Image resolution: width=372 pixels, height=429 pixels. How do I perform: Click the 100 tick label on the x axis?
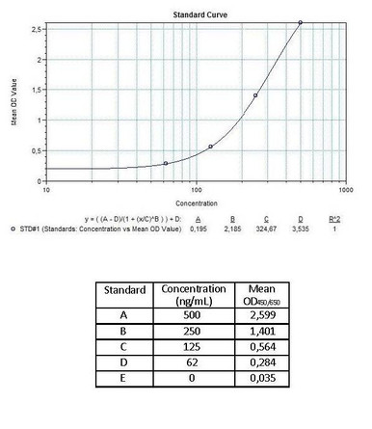click(x=197, y=189)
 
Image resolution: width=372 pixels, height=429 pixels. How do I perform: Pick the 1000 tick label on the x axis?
click(x=344, y=189)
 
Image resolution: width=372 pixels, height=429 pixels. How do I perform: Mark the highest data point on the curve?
click(x=301, y=22)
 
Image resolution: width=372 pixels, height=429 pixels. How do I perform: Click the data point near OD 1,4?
click(x=255, y=95)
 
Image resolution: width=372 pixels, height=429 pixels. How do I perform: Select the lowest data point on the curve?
click(x=166, y=164)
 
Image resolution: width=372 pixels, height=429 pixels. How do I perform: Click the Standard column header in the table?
click(x=124, y=290)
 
